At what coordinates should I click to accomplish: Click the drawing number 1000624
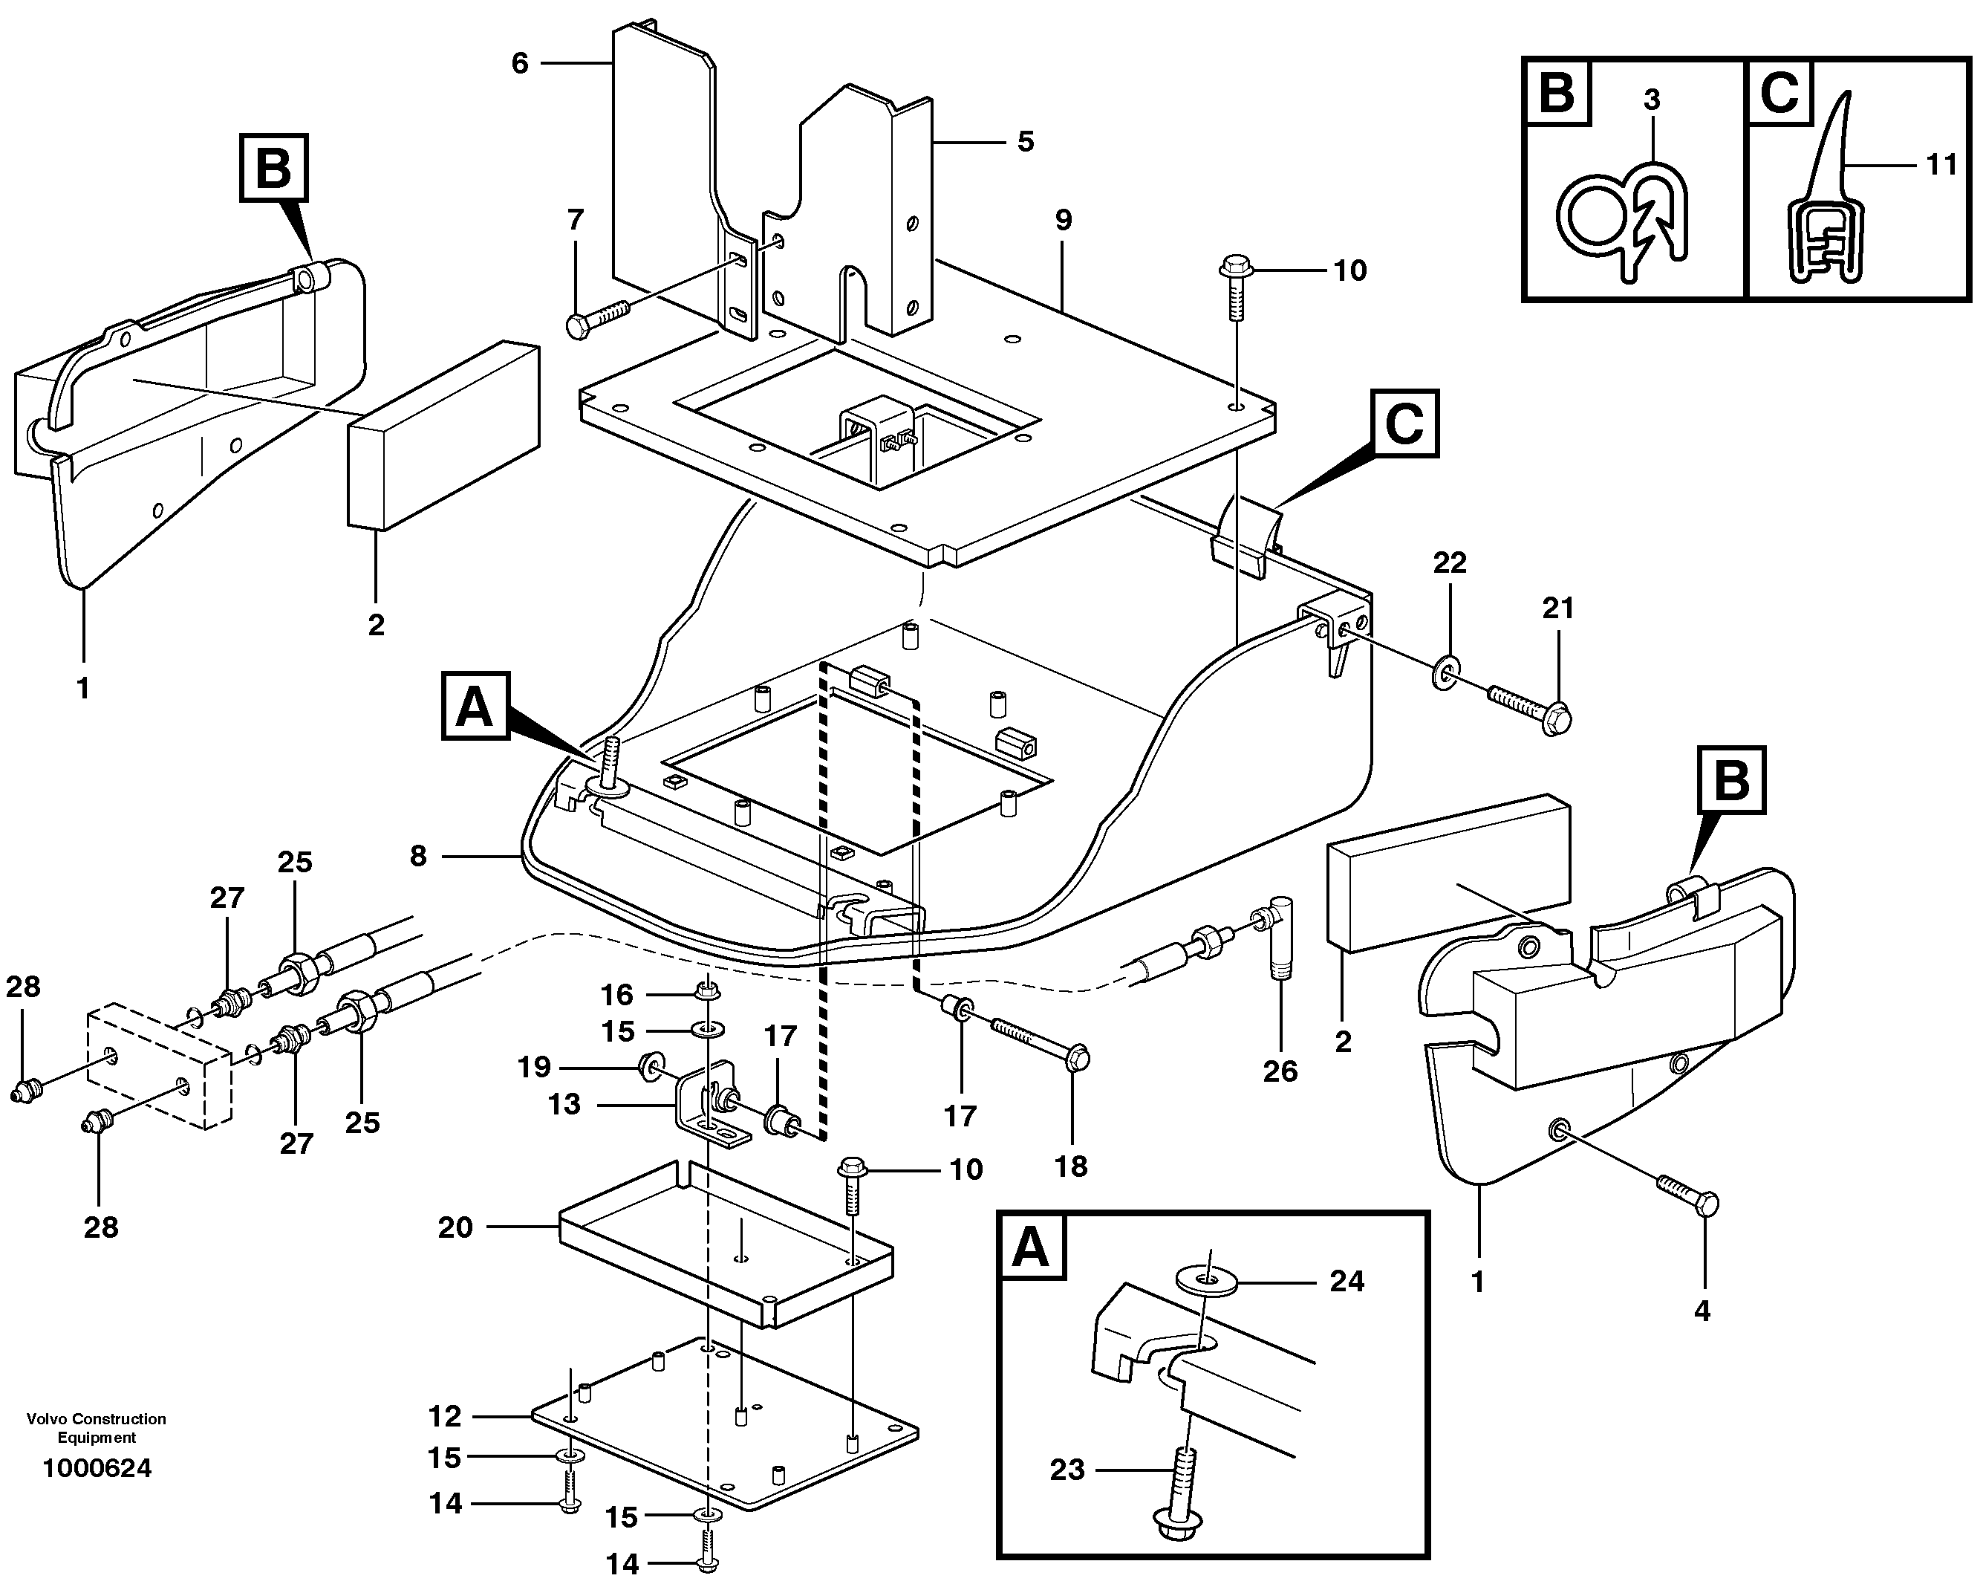pos(97,1467)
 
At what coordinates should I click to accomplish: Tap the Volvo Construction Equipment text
pos(97,1428)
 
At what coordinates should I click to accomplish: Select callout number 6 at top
pos(520,63)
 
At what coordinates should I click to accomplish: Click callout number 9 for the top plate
pos(1064,220)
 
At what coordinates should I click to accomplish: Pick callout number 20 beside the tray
pos(455,1227)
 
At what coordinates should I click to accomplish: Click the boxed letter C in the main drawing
pos(1404,424)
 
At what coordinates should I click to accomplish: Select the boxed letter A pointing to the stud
pos(475,707)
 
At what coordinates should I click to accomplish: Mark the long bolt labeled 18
pos(1039,1044)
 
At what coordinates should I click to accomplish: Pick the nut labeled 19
pos(651,1067)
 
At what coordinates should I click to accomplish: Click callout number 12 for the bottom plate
pos(444,1416)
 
